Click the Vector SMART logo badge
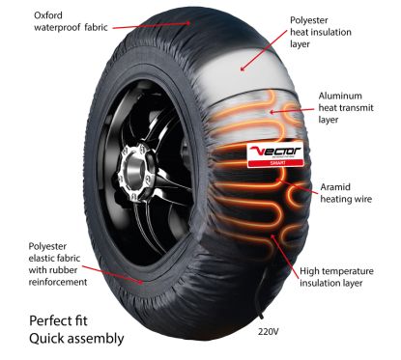pos(279,154)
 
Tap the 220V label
pos(271,330)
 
